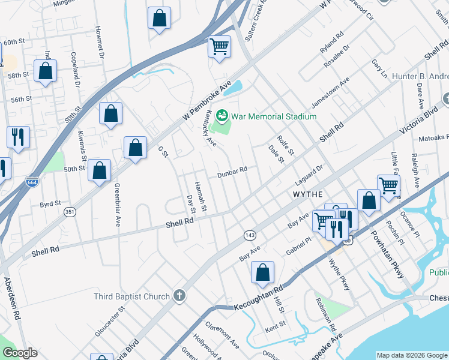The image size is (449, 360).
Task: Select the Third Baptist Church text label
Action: [132, 296]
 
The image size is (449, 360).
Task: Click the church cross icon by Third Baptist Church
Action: [178, 295]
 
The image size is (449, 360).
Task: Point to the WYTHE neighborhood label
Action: [307, 195]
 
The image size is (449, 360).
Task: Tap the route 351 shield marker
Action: [70, 212]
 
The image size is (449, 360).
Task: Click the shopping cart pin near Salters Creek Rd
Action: [220, 47]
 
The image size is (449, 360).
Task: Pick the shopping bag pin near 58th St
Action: [46, 72]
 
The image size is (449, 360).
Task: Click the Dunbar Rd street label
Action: [232, 170]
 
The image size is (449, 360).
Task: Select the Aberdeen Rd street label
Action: [13, 298]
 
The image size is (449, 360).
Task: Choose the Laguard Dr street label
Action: [309, 175]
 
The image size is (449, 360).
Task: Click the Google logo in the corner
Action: [19, 353]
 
